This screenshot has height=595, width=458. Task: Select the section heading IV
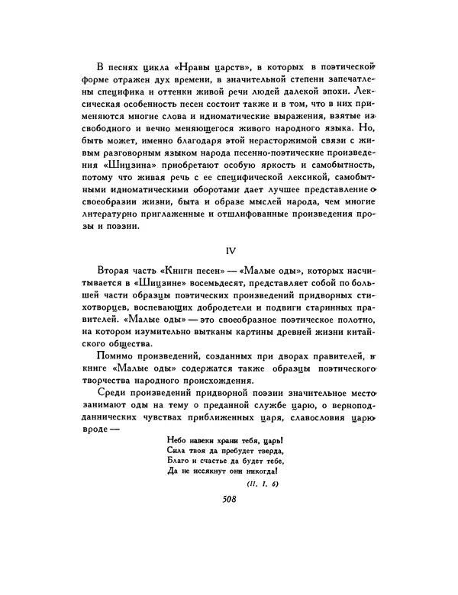229,249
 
